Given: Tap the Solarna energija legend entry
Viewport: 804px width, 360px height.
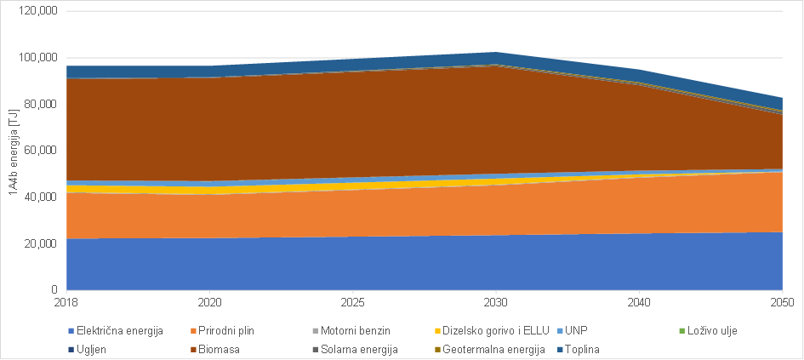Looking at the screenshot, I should coord(356,349).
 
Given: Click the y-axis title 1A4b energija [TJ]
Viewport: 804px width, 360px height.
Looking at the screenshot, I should coord(14,151).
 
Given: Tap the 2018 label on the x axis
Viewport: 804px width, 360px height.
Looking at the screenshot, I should coord(66,302).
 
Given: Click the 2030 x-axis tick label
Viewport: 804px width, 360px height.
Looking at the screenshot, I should coord(496,302).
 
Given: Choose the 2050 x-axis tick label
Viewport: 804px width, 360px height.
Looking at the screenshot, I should coord(782,302).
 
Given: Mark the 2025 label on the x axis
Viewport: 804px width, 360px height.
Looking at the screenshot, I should coord(352,302).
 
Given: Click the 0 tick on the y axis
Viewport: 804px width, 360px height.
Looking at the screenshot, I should coord(53,290).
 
